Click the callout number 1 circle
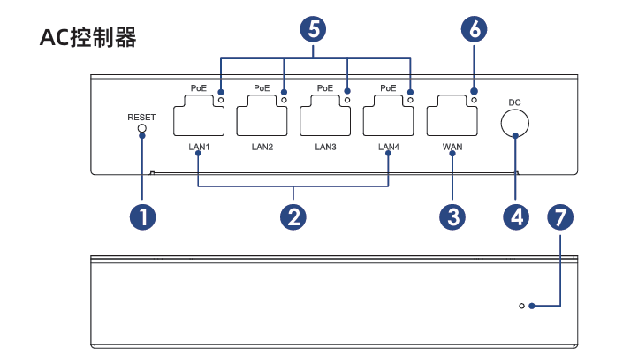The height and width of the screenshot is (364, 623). [x=142, y=217]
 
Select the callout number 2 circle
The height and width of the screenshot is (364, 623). [x=293, y=217]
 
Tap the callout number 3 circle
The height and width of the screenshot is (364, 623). [x=452, y=217]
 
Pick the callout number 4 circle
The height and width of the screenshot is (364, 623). [x=516, y=217]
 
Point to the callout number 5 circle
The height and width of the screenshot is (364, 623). [x=313, y=29]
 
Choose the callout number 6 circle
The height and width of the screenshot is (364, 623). [x=474, y=29]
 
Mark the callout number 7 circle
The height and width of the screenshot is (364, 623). [x=560, y=217]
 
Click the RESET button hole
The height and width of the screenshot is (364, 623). [x=142, y=128]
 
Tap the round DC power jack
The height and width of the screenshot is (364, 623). [x=515, y=124]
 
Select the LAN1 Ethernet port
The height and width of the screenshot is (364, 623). [x=199, y=115]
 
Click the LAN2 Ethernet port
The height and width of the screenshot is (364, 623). [x=262, y=115]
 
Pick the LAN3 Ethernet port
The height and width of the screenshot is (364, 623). [x=325, y=115]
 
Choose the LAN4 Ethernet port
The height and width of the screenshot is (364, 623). [x=388, y=115]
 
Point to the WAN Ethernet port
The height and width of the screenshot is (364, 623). [x=452, y=115]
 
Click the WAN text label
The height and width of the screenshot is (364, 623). [x=452, y=147]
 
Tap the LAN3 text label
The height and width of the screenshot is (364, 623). [x=325, y=147]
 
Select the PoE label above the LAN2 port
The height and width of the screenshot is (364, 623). [x=262, y=88]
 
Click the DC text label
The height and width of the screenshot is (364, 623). [x=514, y=102]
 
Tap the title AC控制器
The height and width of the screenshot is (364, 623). [x=88, y=38]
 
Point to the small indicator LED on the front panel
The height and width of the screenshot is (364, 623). [x=521, y=306]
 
